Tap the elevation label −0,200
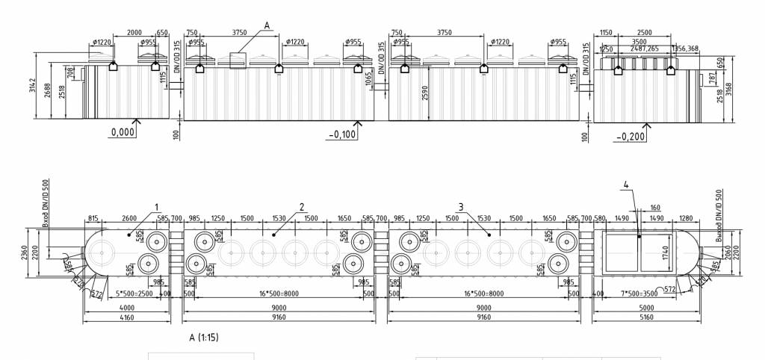point(631,137)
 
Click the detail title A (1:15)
point(204,338)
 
